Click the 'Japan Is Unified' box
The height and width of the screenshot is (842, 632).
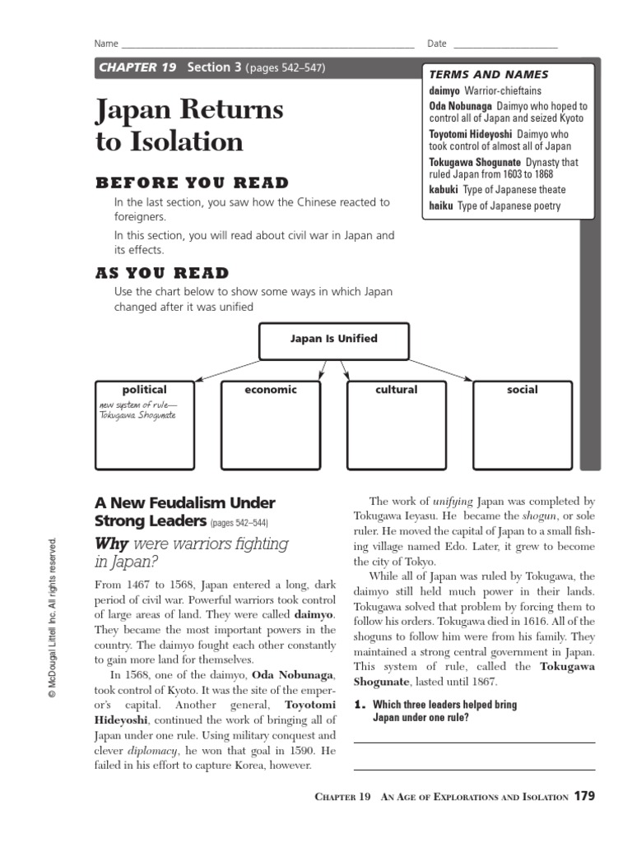pyautogui.click(x=334, y=339)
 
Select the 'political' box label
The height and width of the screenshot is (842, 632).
pyautogui.click(x=144, y=390)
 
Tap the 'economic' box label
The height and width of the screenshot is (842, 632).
pyautogui.click(x=271, y=390)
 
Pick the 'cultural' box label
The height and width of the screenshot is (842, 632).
pyautogui.click(x=396, y=390)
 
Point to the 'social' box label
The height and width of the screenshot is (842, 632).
pyautogui.click(x=522, y=390)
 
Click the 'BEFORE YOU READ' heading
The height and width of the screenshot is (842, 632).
pyautogui.click(x=192, y=183)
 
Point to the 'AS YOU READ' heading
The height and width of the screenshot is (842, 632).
pyautogui.click(x=162, y=273)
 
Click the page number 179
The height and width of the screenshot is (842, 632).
pyautogui.click(x=583, y=796)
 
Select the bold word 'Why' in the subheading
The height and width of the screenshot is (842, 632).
pyautogui.click(x=112, y=544)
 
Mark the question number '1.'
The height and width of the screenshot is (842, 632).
pyautogui.click(x=359, y=705)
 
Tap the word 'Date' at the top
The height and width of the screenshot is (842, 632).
pyautogui.click(x=436, y=44)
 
